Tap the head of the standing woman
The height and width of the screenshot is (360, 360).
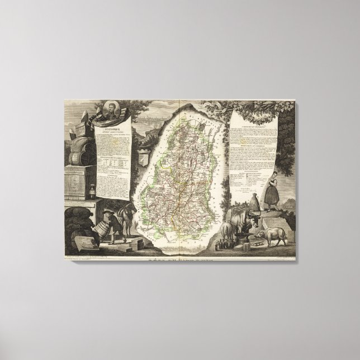pyautogui.click(x=273, y=171)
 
